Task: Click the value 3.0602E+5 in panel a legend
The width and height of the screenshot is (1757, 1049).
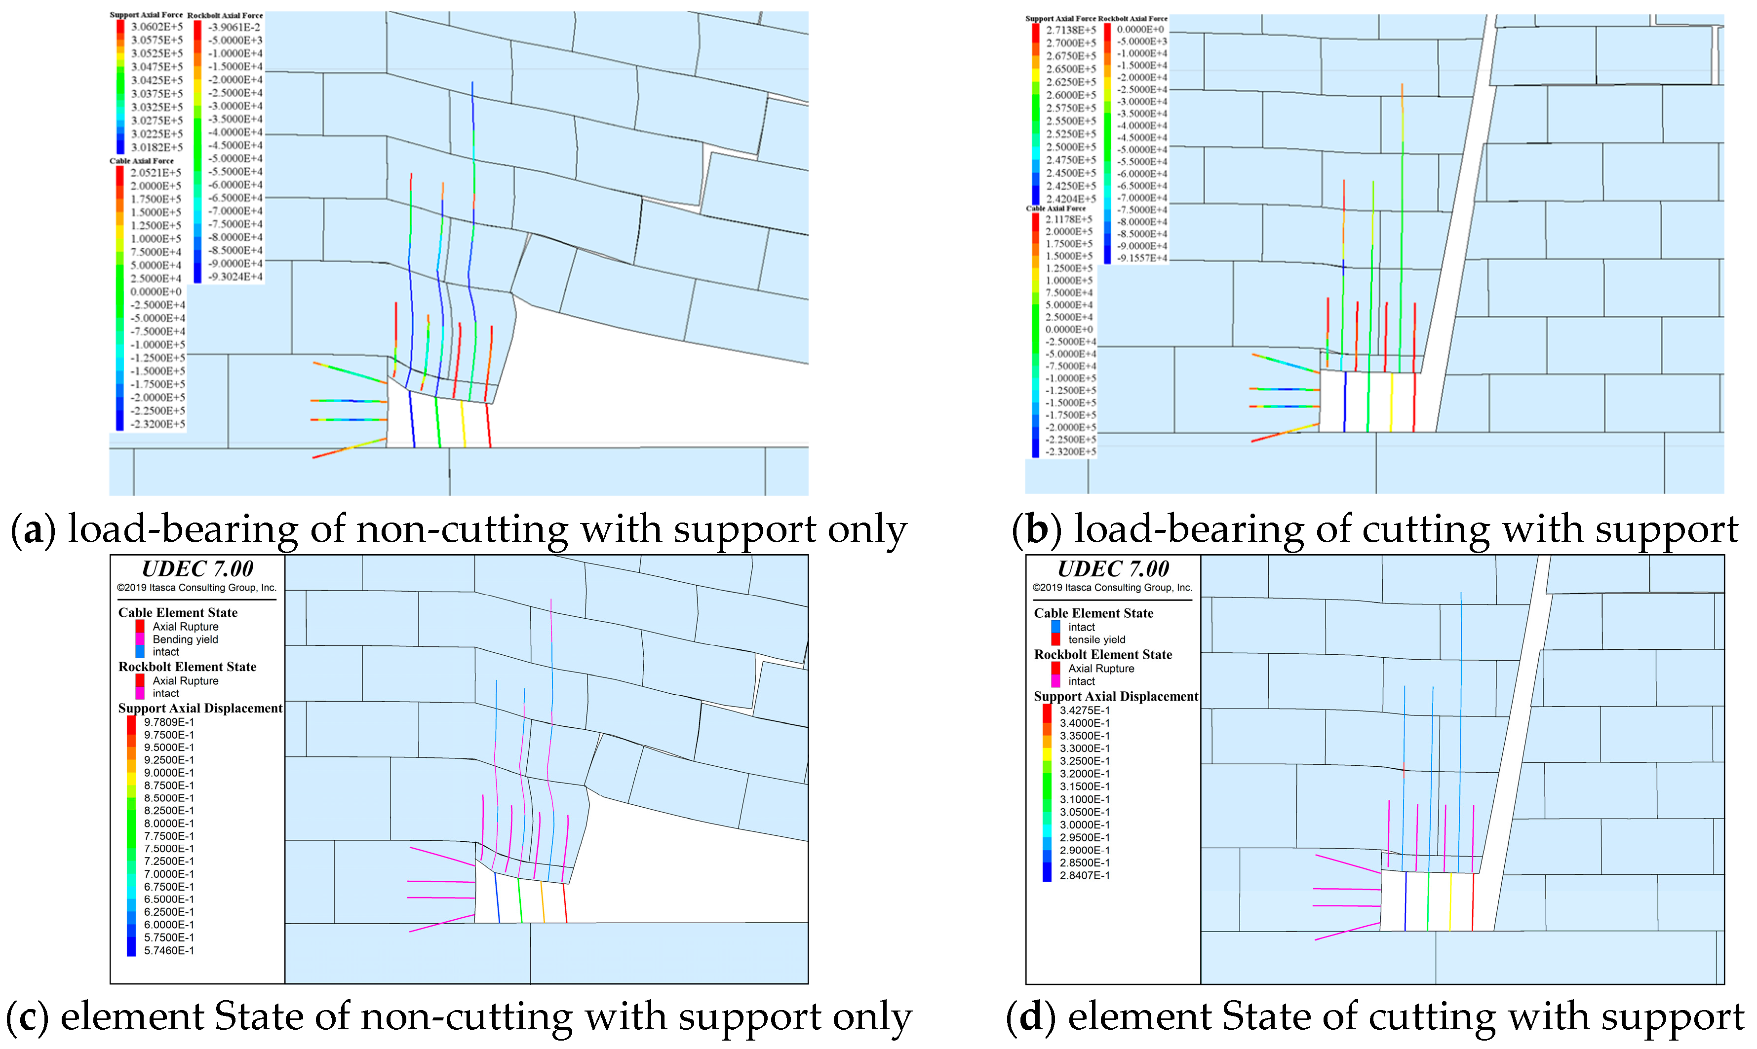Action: point(156,26)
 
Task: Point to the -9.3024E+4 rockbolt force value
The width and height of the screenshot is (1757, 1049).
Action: point(234,276)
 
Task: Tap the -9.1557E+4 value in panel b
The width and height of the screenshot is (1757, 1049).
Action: point(1141,258)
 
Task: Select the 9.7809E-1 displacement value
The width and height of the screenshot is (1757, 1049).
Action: point(168,722)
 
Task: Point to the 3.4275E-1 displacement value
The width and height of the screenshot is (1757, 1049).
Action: point(1084,711)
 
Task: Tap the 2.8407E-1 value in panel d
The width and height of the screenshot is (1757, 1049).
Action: point(1084,875)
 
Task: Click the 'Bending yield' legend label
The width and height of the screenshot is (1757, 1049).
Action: point(185,639)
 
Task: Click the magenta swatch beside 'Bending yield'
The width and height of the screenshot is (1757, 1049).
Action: point(140,639)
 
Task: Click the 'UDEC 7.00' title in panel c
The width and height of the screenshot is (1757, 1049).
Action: point(197,569)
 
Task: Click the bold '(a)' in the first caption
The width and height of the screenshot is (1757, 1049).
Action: point(33,529)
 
